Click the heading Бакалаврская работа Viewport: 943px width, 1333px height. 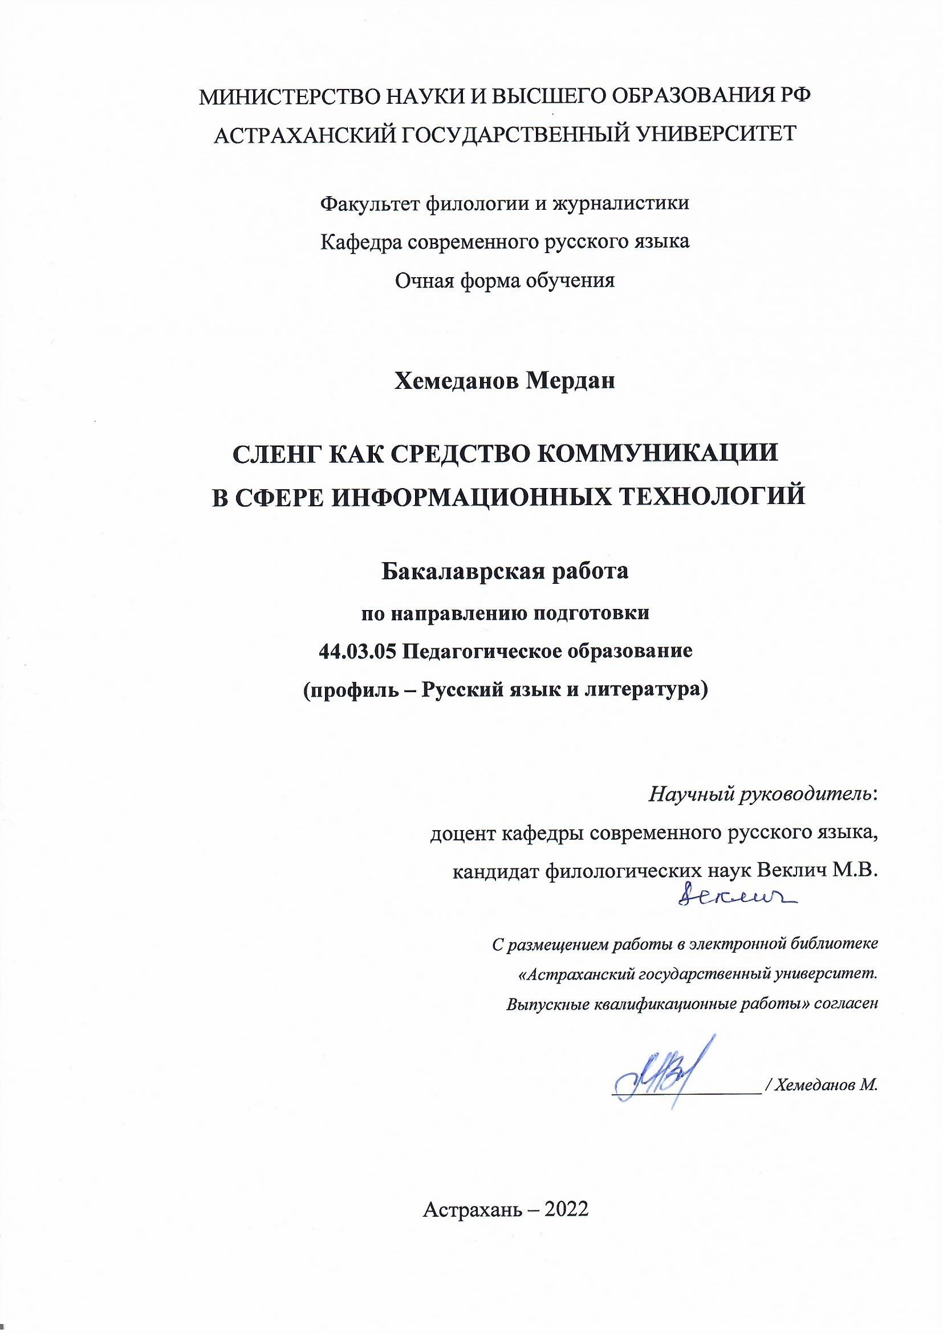tap(505, 572)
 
